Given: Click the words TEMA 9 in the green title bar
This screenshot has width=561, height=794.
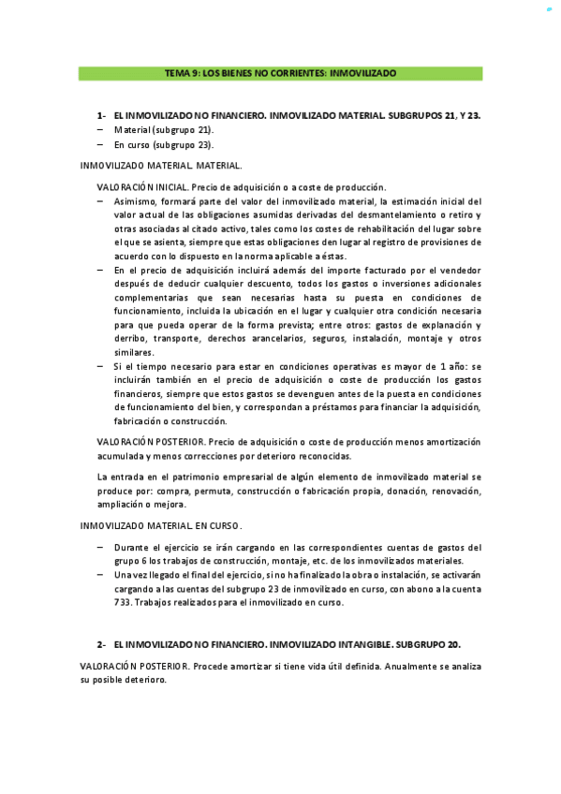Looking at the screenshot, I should click(x=180, y=72).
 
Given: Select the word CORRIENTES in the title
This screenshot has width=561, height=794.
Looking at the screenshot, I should click(x=287, y=72).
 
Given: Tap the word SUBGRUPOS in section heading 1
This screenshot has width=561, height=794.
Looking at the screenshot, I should click(x=410, y=115).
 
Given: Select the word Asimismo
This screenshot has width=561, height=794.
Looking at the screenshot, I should click(x=138, y=200).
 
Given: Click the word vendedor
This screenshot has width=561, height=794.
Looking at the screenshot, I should click(x=459, y=270).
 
